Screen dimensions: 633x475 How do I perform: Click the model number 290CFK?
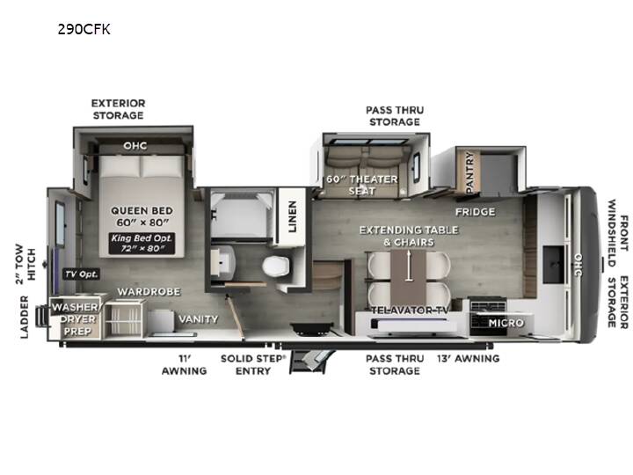[84, 30]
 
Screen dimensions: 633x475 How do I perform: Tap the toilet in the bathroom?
[276, 267]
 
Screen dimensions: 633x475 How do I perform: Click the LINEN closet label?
[292, 216]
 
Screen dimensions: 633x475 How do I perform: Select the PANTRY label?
[469, 172]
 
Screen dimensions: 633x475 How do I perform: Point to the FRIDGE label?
[475, 212]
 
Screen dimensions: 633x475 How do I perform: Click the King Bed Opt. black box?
[142, 243]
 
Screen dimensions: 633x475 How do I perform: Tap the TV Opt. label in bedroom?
[82, 274]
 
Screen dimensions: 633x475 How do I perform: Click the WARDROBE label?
[149, 292]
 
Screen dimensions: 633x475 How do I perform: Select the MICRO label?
[506, 323]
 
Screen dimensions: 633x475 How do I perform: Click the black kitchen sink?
[553, 265]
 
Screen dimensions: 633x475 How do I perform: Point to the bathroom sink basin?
[222, 262]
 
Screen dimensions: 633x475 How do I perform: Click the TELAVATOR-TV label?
[410, 311]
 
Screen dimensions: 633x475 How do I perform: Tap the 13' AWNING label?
[469, 358]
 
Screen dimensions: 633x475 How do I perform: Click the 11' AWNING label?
[184, 365]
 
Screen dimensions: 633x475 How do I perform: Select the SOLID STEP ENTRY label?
[253, 365]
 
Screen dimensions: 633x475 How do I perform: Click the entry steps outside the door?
[311, 361]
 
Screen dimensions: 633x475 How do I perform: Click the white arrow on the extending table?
[409, 265]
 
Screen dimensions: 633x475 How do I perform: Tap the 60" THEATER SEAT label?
[362, 185]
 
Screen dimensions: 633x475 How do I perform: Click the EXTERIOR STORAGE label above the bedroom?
[118, 109]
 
